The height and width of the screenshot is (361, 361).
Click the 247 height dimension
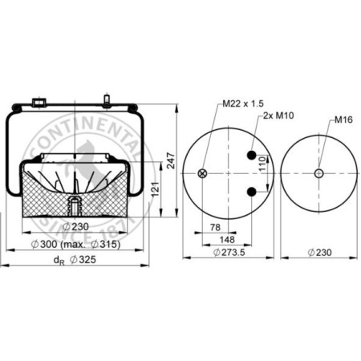[x=171, y=162]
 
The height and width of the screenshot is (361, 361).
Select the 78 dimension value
[x=214, y=228]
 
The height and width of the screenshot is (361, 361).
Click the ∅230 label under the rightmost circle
[x=319, y=254]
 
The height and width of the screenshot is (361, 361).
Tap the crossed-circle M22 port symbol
[x=202, y=173]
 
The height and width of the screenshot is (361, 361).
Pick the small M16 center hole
[x=318, y=173]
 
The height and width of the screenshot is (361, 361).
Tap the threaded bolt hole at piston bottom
[x=73, y=205]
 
